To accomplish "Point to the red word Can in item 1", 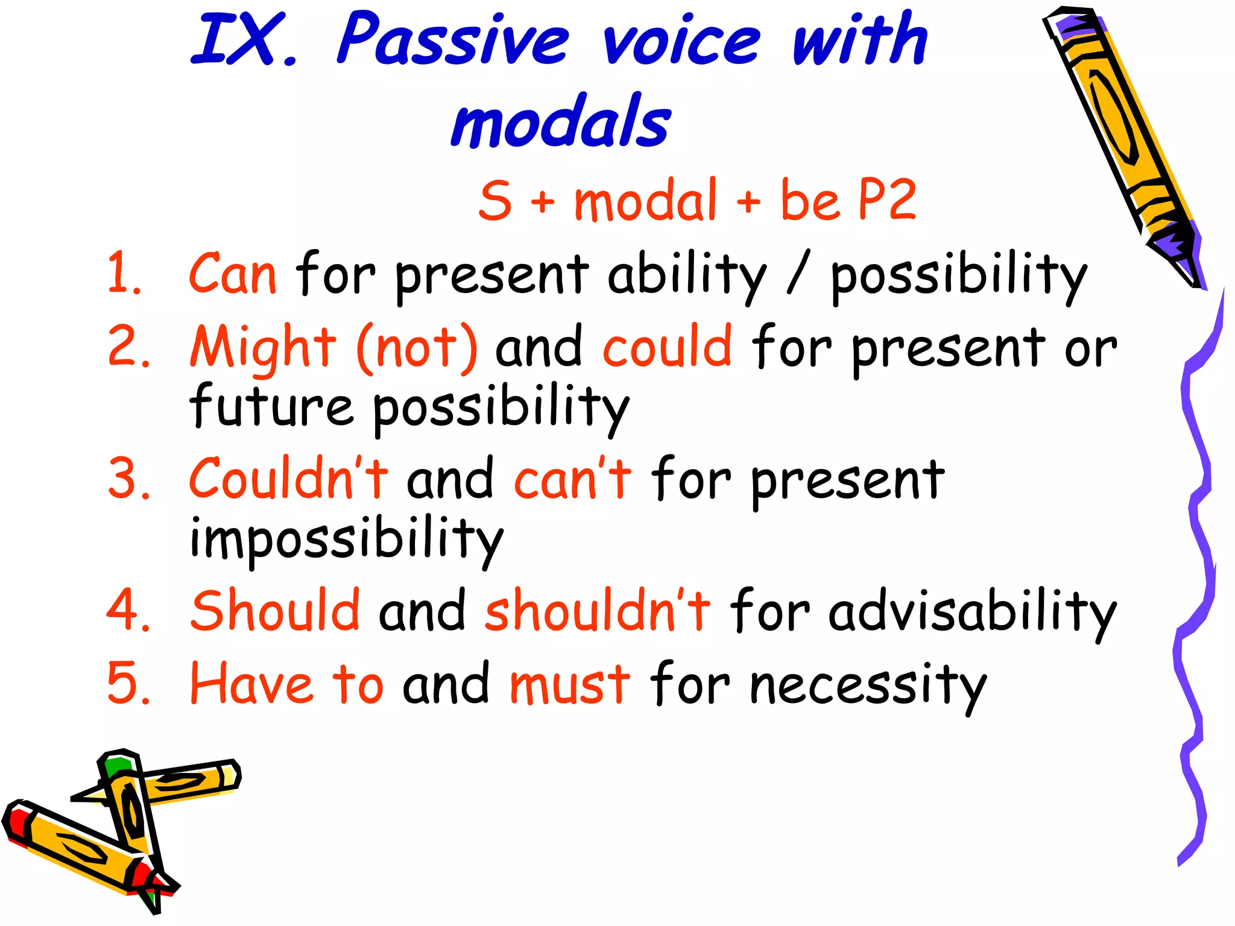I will tap(233, 274).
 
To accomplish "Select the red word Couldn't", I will tap(288, 479).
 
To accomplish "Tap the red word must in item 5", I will tap(570, 685).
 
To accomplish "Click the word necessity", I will tap(868, 686).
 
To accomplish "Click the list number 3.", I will tap(126, 479).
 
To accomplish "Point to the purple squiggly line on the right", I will tap(1197, 543).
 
